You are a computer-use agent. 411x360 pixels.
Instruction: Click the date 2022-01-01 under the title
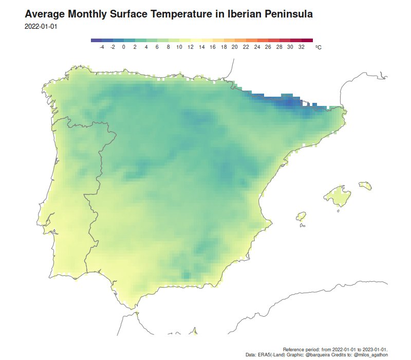[x=41, y=26]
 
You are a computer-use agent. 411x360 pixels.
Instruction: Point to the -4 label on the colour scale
[x=102, y=47]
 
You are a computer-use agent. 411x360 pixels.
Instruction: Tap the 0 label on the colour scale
[x=124, y=47]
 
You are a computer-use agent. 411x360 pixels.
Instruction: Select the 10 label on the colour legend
[x=179, y=47]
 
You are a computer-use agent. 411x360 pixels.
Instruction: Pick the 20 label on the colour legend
[x=235, y=47]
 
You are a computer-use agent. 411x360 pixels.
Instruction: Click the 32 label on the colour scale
[x=301, y=47]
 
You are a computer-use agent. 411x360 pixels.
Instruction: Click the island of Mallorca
[x=336, y=195]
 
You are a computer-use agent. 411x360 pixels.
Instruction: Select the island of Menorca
[x=365, y=184]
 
